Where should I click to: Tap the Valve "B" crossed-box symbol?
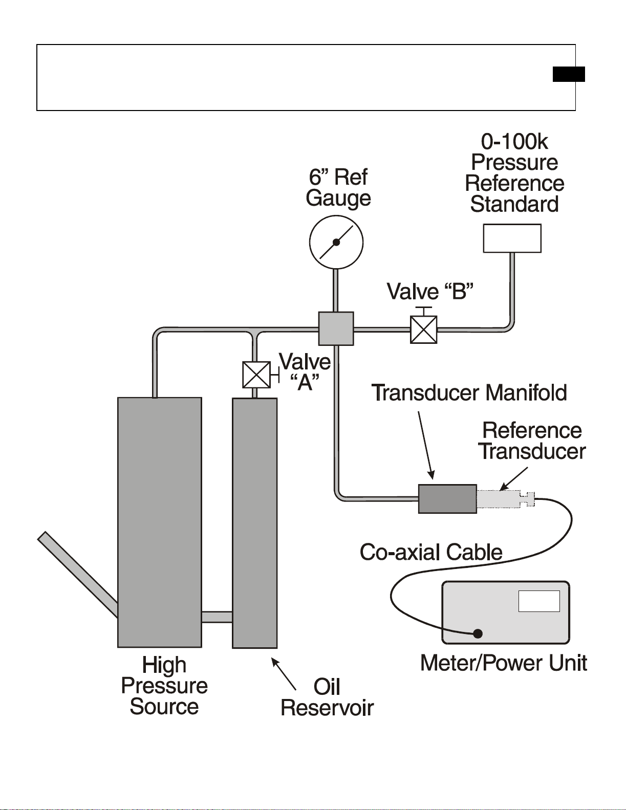[423, 330]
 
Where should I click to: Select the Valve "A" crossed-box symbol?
[256, 375]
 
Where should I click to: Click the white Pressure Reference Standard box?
[512, 238]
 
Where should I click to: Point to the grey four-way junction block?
[336, 329]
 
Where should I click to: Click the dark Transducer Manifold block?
[447, 499]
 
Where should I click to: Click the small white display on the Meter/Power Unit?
[539, 601]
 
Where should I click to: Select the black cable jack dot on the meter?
[478, 633]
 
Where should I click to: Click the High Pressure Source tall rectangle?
[160, 522]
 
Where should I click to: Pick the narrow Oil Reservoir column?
[255, 523]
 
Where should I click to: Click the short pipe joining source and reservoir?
[217, 617]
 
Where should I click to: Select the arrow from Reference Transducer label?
[514, 478]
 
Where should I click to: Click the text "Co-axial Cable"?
[431, 552]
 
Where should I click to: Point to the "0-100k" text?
[514, 142]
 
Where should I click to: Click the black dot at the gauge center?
[336, 243]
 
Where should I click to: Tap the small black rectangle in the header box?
[569, 74]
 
